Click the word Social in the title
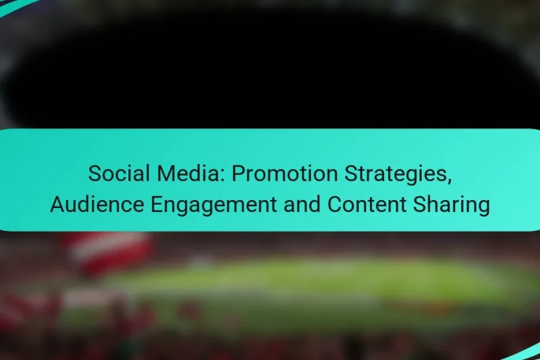(114, 174)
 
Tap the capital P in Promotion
(238, 174)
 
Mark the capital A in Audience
(57, 205)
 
